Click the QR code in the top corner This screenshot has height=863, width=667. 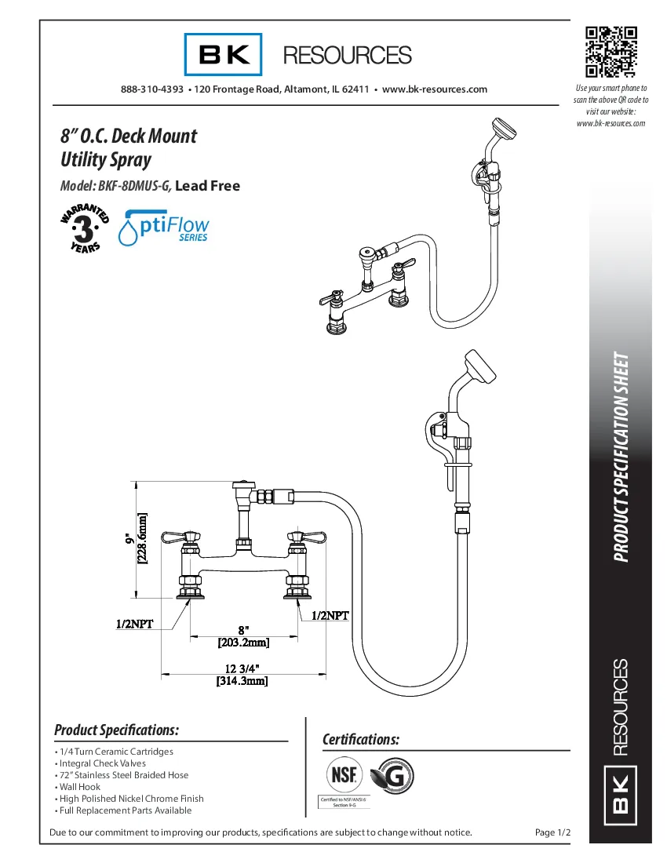(x=611, y=51)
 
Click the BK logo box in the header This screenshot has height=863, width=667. (x=224, y=55)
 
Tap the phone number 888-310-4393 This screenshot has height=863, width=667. (x=152, y=89)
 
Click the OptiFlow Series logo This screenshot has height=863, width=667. (x=163, y=228)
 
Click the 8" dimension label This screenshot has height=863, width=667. (x=243, y=630)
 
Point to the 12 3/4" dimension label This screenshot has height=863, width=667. (x=242, y=668)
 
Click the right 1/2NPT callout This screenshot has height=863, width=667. (x=330, y=616)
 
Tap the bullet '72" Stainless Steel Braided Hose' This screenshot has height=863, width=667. (x=122, y=775)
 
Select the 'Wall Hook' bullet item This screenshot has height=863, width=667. (x=78, y=787)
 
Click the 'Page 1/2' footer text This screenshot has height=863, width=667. (x=551, y=832)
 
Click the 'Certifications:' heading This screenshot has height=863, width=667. (x=361, y=740)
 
